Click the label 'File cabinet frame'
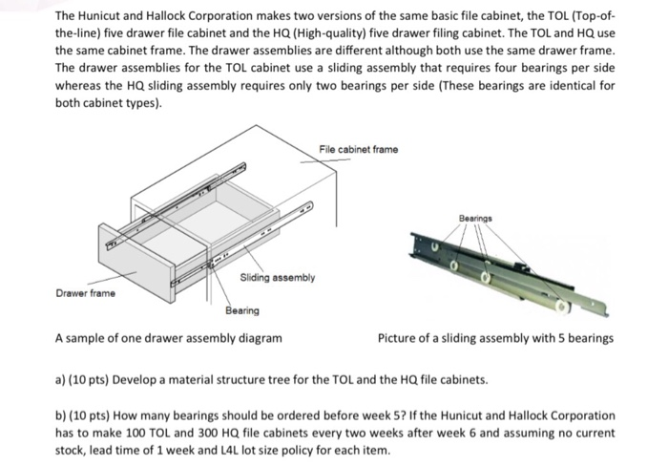359,150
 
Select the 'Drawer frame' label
87,293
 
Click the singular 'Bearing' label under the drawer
240,311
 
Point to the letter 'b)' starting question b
62,417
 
